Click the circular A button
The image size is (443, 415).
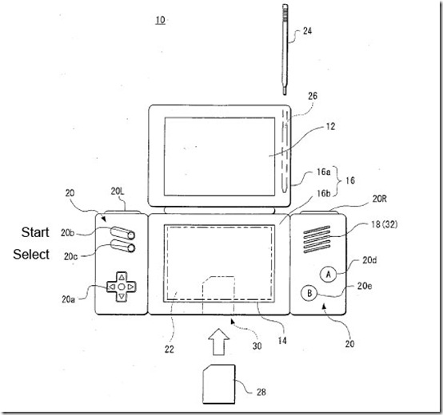tap(328, 273)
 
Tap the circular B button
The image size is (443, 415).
tap(309, 292)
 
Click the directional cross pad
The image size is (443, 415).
tap(118, 283)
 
